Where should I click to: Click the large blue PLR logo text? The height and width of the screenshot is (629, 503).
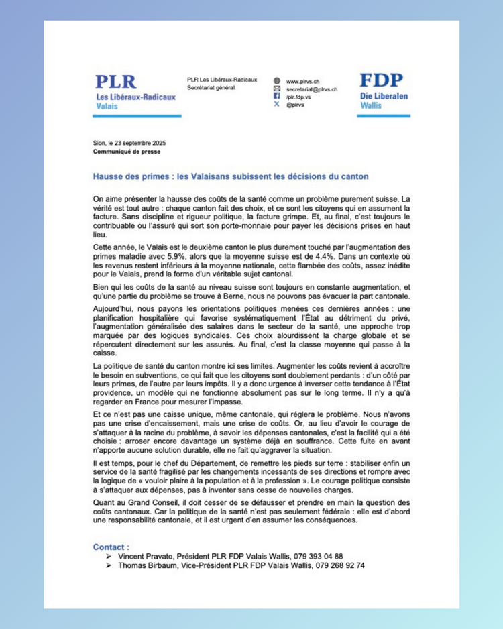click(115, 82)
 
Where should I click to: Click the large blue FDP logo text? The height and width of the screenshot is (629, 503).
click(382, 81)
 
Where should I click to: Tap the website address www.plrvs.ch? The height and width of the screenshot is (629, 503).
click(302, 81)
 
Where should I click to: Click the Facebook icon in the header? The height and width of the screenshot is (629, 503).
click(276, 97)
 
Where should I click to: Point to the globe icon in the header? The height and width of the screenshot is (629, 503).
click(276, 81)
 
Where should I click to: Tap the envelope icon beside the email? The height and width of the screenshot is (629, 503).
click(276, 89)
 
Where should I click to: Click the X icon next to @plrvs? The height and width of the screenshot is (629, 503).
click(276, 105)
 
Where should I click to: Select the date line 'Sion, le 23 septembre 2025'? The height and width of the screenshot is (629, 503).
click(129, 144)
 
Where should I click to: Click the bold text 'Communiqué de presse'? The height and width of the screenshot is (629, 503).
click(125, 152)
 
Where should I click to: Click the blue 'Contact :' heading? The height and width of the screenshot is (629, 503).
click(111, 547)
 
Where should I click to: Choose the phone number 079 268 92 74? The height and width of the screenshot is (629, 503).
click(343, 566)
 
